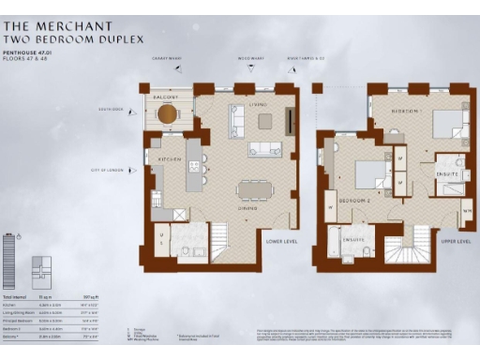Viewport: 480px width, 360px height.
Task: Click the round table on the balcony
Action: coord(167,113)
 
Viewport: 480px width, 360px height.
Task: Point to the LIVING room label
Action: coord(258,104)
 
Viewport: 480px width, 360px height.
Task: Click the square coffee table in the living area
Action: coord(265,120)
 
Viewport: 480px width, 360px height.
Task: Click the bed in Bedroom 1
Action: coord(443,125)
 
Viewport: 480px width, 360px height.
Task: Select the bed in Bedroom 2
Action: coord(368,174)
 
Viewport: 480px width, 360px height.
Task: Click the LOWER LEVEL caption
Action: coord(279,242)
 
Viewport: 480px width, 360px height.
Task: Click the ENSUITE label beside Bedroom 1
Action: coord(447,173)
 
